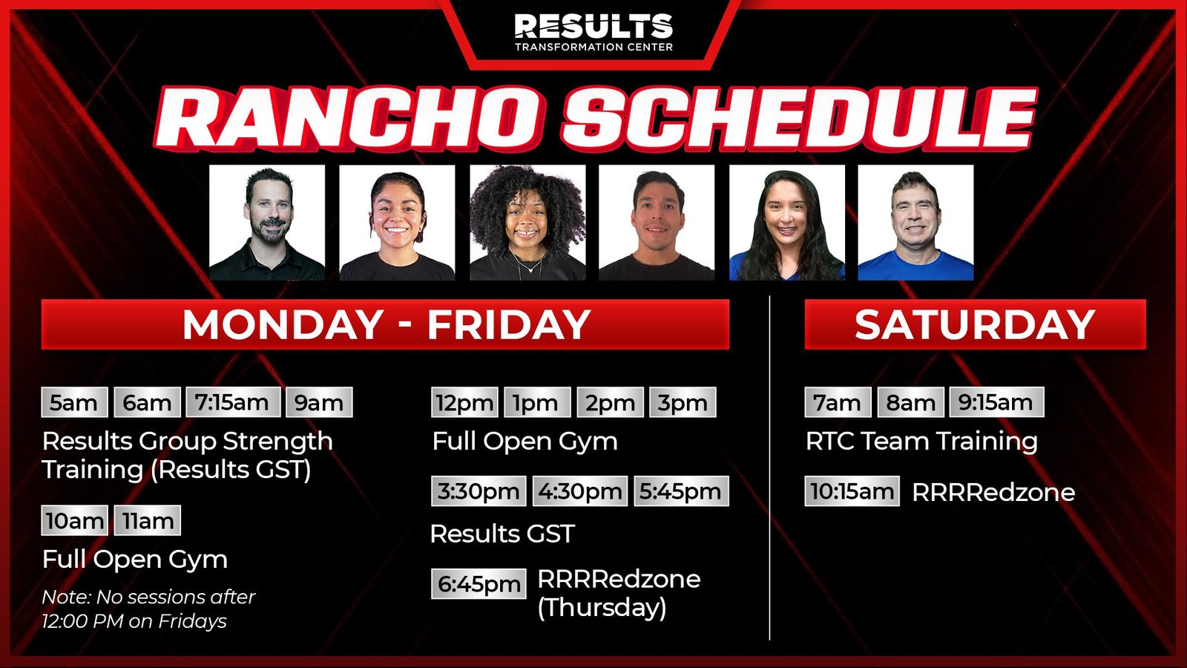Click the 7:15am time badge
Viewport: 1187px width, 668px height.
pyautogui.click(x=233, y=402)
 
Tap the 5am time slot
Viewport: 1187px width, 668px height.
pyautogui.click(x=75, y=402)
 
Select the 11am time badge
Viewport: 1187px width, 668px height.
pyautogui.click(x=148, y=520)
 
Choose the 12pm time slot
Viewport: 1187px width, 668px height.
pyautogui.click(x=464, y=402)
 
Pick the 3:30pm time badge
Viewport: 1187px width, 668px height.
pyautogui.click(x=479, y=491)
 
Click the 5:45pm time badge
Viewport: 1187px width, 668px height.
pyautogui.click(x=682, y=491)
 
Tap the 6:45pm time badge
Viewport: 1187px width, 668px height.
pyautogui.click(x=479, y=583)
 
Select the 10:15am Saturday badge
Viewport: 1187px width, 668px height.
pyautogui.click(x=852, y=491)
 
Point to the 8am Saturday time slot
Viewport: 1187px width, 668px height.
pyautogui.click(x=910, y=402)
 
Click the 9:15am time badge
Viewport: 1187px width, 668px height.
pyautogui.click(x=997, y=402)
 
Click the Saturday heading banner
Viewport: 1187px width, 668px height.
pyautogui.click(x=975, y=324)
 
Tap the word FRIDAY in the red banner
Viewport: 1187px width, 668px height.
pyautogui.click(x=509, y=324)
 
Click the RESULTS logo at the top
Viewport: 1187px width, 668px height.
pyautogui.click(x=593, y=32)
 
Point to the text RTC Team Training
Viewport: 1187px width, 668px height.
pyautogui.click(x=921, y=441)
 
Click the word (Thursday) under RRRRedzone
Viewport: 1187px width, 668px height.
pyautogui.click(x=602, y=608)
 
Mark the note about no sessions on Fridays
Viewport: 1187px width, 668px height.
pyautogui.click(x=148, y=609)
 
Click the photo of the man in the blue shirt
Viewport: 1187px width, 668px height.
pyautogui.click(x=915, y=223)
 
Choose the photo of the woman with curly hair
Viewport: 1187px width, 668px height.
pyautogui.click(x=527, y=223)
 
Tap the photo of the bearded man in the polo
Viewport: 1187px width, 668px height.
pyautogui.click(x=267, y=223)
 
